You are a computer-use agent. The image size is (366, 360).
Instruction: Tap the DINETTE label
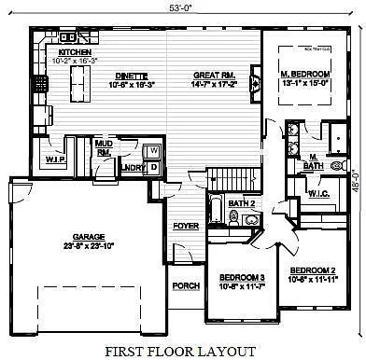pos(122,78)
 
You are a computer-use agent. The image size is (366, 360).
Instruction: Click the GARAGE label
pos(87,238)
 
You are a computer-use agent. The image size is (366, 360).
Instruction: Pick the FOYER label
pos(186,226)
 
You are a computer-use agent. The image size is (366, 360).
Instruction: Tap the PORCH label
pos(186,284)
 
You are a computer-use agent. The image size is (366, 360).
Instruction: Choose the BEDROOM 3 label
pos(242,278)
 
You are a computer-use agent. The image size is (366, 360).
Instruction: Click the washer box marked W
pos(154,150)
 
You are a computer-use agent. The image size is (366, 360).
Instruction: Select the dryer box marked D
pos(154,166)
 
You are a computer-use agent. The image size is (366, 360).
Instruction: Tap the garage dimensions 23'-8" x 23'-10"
pos(87,247)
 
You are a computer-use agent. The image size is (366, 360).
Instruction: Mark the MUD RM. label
pos(105,147)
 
